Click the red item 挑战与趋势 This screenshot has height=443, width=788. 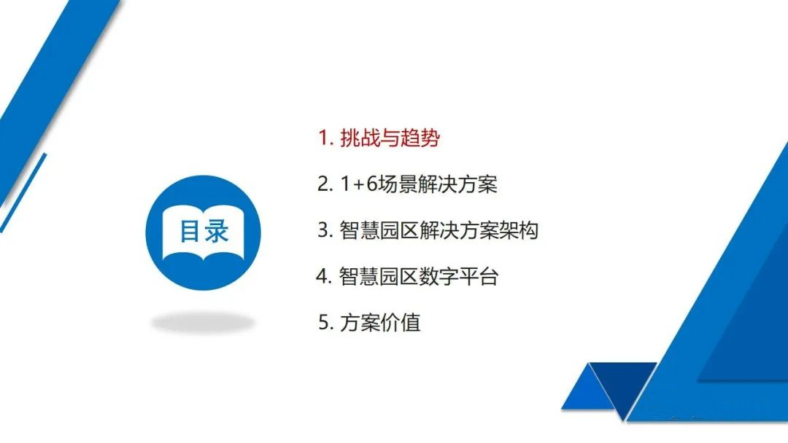click(x=390, y=138)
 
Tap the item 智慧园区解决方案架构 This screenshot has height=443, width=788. click(x=439, y=230)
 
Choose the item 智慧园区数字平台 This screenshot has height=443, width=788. click(x=419, y=276)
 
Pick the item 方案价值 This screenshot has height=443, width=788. click(x=380, y=323)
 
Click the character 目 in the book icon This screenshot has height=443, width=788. click(x=190, y=231)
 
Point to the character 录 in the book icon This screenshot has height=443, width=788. click(x=217, y=231)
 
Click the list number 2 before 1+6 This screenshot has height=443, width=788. click(x=324, y=184)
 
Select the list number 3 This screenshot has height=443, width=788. click(x=324, y=230)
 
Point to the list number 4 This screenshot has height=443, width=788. click(x=323, y=276)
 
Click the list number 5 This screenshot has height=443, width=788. click(x=325, y=323)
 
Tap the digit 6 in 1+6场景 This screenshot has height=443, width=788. click(x=372, y=184)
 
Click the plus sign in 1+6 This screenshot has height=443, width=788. click(x=358, y=185)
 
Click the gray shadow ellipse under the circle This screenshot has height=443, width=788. click(x=203, y=323)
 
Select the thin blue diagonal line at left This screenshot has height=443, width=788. click(x=23, y=193)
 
